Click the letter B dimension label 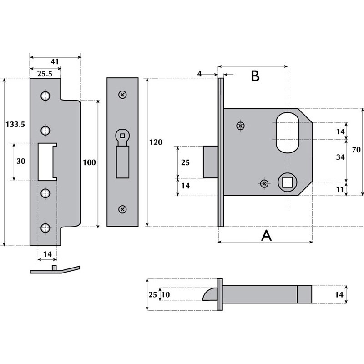click(x=255, y=76)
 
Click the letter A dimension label click(x=267, y=236)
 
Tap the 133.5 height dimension click(x=15, y=124)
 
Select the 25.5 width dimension click(x=45, y=74)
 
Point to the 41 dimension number click(x=55, y=61)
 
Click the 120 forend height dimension click(x=156, y=142)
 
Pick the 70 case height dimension click(x=356, y=150)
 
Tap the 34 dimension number click(x=340, y=157)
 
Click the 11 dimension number click(x=340, y=190)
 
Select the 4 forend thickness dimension click(x=199, y=74)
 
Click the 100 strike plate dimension click(x=89, y=162)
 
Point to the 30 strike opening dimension click(x=21, y=161)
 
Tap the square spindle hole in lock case click(x=288, y=182)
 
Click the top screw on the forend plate click(x=122, y=95)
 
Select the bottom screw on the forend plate click(x=122, y=209)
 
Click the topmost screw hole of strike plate click(x=45, y=96)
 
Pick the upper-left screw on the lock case click(x=241, y=126)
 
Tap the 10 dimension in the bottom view click(x=166, y=294)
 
